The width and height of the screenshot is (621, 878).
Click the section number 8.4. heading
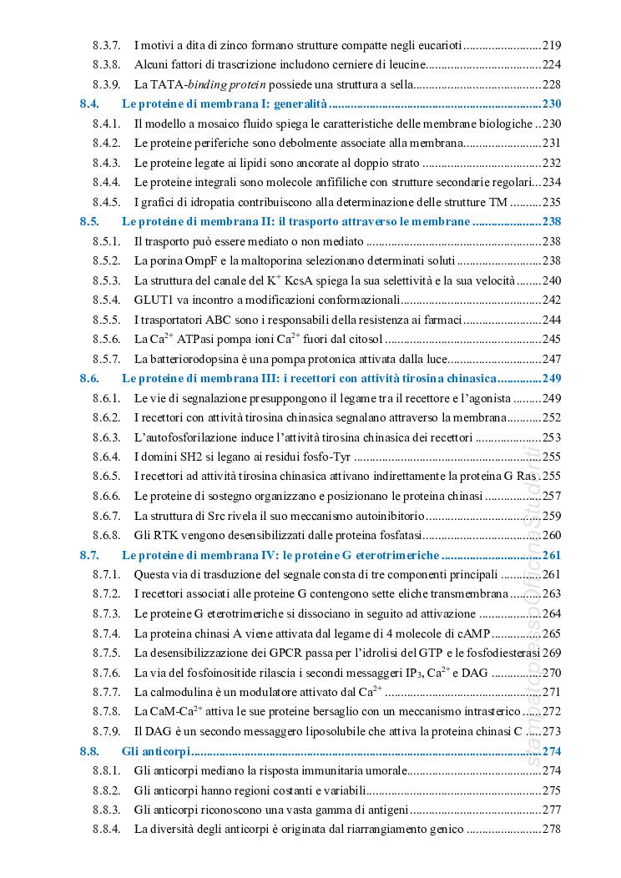click(x=89, y=104)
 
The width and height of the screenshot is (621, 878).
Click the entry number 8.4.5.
click(x=107, y=202)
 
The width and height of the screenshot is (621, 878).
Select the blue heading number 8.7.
click(x=89, y=555)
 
